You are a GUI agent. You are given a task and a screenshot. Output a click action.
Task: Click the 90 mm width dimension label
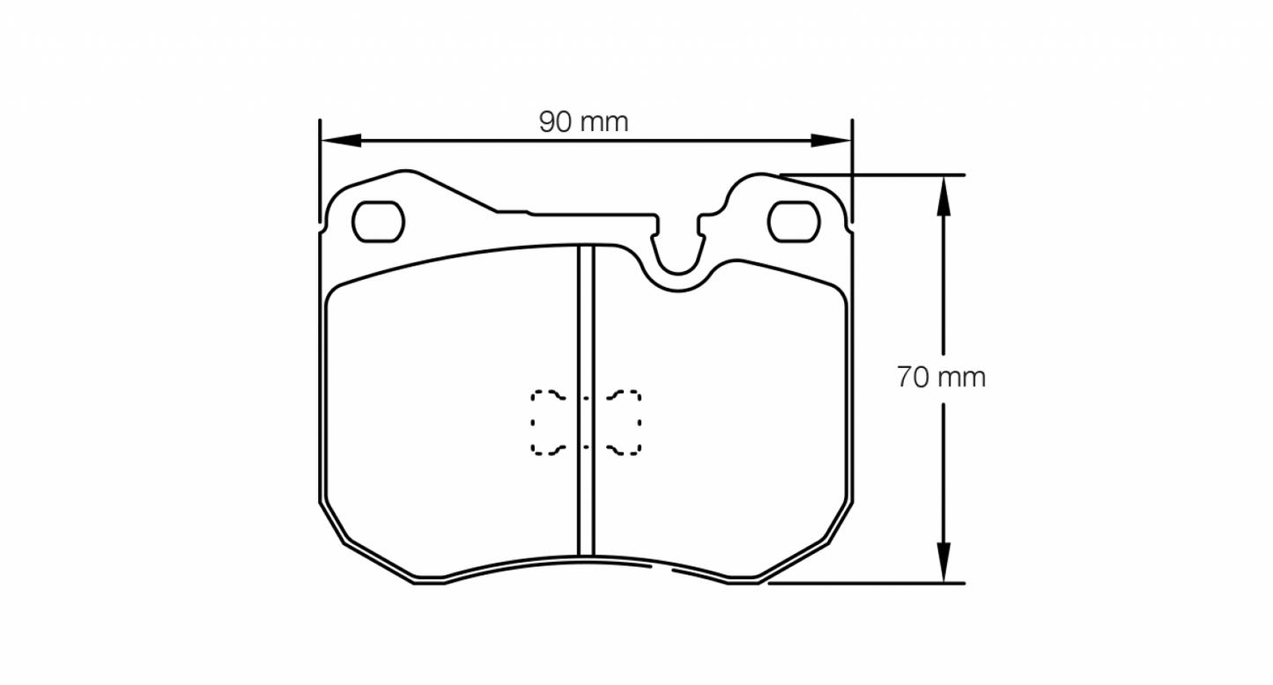[x=584, y=122]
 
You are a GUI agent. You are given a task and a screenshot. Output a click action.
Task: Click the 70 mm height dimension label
[x=941, y=378]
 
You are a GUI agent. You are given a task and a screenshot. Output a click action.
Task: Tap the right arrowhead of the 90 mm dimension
[x=832, y=140]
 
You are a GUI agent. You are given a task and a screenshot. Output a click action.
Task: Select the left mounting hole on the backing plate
[x=378, y=221]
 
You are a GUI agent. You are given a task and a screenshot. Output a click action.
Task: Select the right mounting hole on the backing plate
[x=794, y=221]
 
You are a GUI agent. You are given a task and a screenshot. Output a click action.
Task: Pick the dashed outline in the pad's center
[x=586, y=423]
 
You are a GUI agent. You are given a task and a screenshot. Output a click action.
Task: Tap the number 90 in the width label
[x=557, y=122]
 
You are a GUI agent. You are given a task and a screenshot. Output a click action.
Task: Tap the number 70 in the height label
[x=914, y=378]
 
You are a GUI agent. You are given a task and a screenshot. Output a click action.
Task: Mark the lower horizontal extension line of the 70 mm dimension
[x=872, y=582]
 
